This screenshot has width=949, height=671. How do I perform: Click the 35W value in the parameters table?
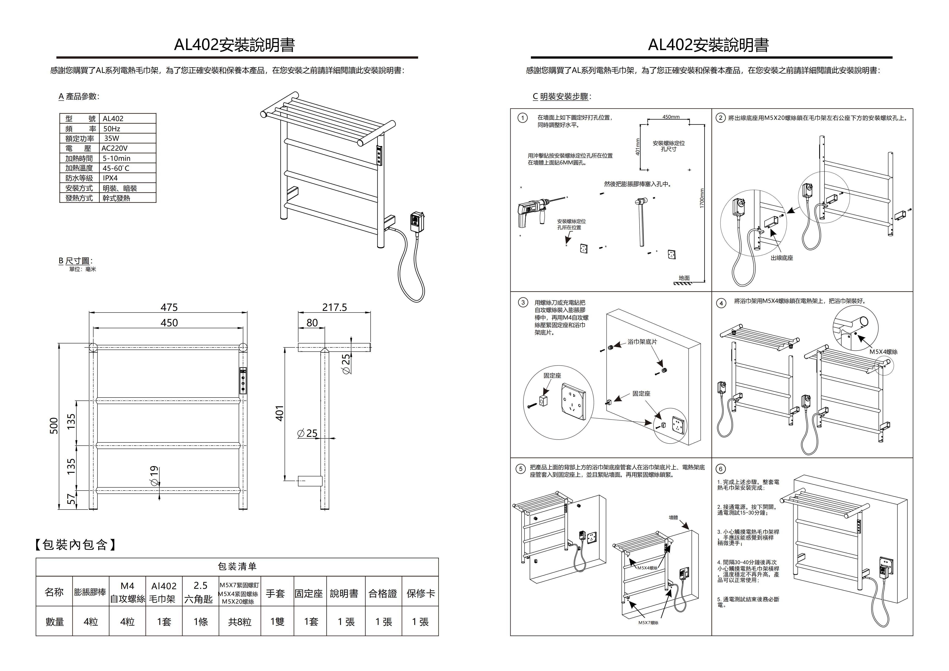[x=111, y=138]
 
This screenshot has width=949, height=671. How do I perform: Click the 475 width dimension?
[x=169, y=307]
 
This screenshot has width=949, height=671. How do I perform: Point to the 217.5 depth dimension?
[x=334, y=307]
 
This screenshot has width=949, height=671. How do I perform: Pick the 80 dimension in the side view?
[x=312, y=323]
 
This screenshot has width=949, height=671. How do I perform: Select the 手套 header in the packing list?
[x=275, y=594]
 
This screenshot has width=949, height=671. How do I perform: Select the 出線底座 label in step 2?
[x=782, y=258]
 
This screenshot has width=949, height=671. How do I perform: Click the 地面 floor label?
[x=684, y=278]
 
